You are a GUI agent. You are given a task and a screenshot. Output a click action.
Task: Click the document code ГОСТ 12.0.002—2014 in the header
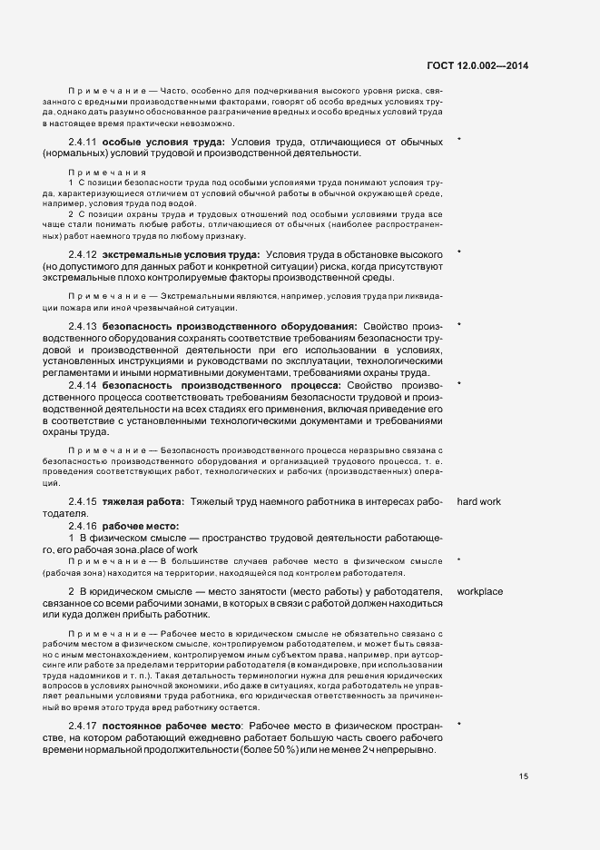coord(477,64)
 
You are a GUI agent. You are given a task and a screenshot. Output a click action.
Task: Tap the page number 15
coord(524,776)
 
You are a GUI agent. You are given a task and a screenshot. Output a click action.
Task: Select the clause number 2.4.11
coord(83,142)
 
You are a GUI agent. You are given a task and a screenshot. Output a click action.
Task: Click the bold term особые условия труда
coord(163,142)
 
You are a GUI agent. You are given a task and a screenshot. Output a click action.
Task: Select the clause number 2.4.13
coord(83,325)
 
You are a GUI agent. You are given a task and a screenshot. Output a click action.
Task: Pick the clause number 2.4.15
coord(83,501)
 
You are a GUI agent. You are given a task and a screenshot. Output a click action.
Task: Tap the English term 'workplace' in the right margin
coord(480,591)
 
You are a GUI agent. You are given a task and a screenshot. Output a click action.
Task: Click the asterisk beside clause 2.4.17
coord(460,725)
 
